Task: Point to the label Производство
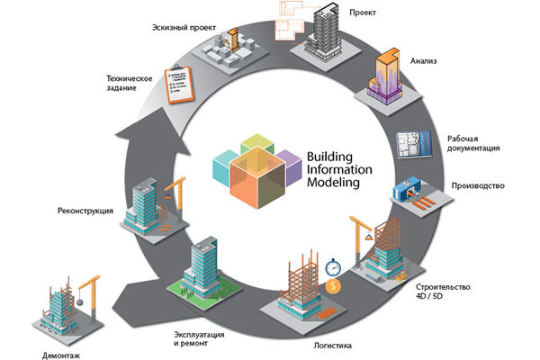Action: point(477,186)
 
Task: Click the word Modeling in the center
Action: point(331,182)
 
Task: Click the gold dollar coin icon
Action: point(333,286)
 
